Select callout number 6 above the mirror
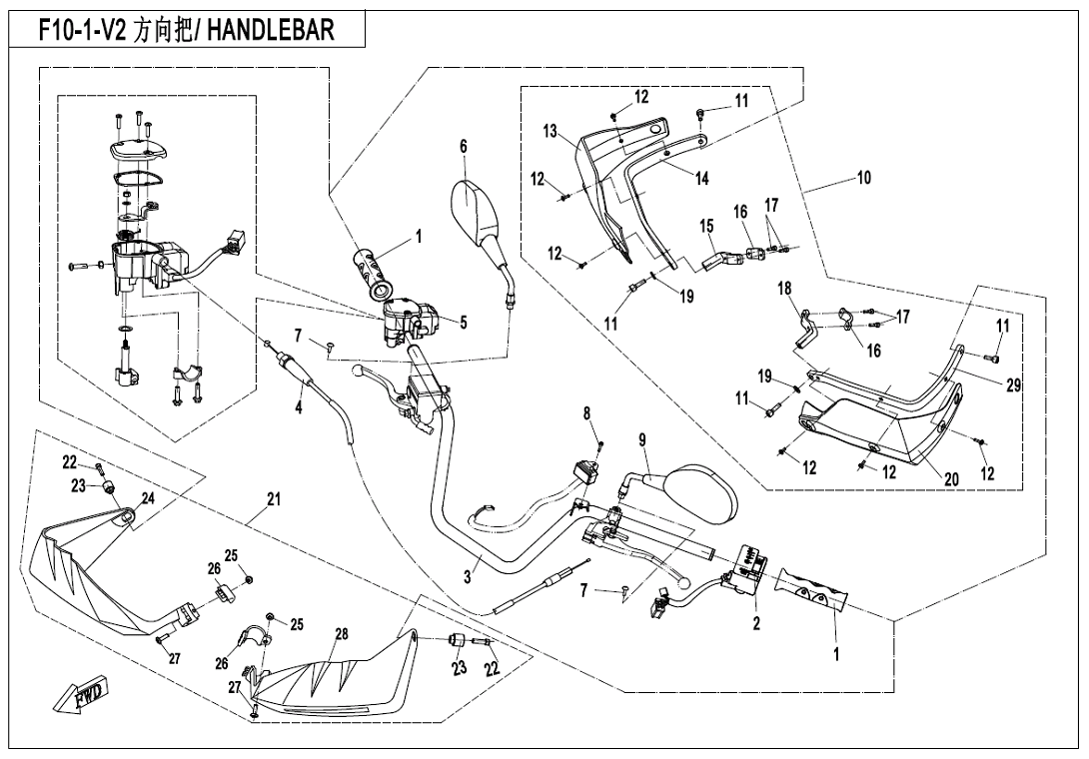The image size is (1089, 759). (x=464, y=146)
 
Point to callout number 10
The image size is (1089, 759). (x=863, y=178)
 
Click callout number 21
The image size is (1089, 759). (x=273, y=499)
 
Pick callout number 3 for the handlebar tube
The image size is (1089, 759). (x=467, y=576)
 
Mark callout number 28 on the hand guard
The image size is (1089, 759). (x=341, y=635)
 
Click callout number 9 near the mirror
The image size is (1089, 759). (x=642, y=439)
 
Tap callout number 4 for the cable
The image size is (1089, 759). (x=298, y=408)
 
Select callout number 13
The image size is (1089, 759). (x=550, y=132)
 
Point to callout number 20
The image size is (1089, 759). (x=951, y=479)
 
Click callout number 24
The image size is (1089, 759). (x=147, y=498)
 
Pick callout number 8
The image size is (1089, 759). (x=587, y=412)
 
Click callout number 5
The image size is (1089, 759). (x=464, y=323)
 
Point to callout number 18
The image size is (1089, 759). (x=784, y=289)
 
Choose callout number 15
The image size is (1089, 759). (x=706, y=226)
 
